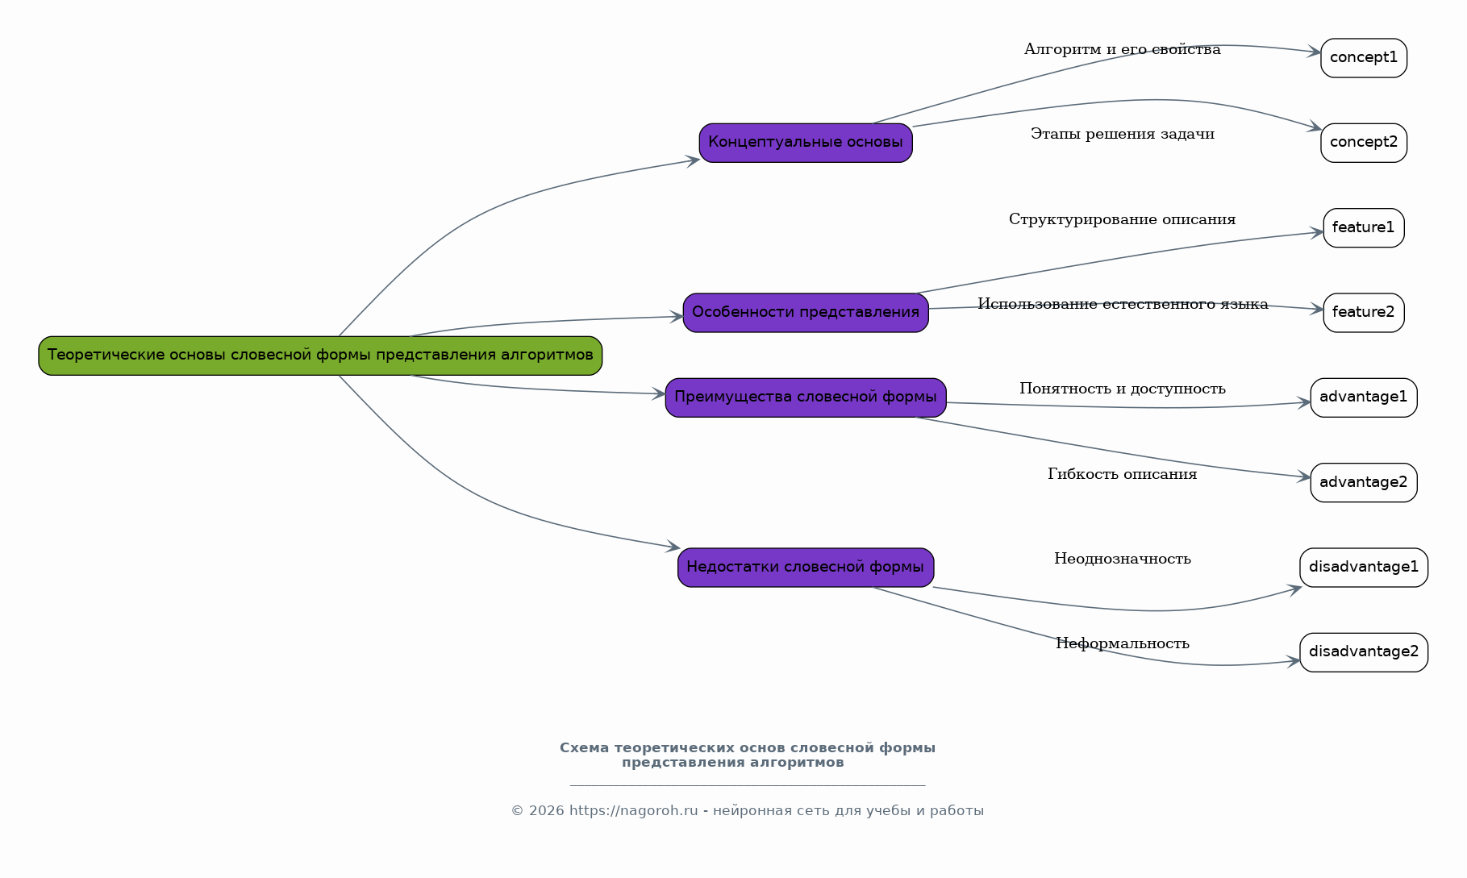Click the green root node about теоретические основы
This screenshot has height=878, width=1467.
(x=320, y=356)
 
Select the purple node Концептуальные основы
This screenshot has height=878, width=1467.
(x=806, y=143)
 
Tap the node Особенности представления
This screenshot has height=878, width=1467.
(x=806, y=313)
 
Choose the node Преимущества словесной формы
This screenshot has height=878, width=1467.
(x=806, y=397)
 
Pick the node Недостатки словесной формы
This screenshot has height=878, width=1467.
(x=806, y=568)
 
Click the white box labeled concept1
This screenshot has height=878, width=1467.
(x=1364, y=58)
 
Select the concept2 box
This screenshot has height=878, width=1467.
(x=1364, y=143)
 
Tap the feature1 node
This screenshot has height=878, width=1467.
(x=1364, y=228)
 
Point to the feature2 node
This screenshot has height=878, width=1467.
(x=1364, y=313)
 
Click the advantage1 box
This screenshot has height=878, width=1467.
(x=1364, y=397)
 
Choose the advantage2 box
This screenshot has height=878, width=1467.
(x=1364, y=483)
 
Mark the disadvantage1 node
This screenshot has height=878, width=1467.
(x=1364, y=568)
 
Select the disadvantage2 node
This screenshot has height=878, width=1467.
(x=1364, y=652)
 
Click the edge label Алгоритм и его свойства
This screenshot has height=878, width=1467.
(x=1123, y=50)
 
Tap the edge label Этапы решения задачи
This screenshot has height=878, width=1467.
(x=1123, y=135)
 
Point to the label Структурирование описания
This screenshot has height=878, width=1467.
(x=1123, y=219)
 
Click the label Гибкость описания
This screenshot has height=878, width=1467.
(x=1123, y=474)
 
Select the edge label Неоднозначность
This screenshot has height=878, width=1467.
(x=1123, y=559)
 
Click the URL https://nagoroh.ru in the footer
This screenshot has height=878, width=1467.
(x=634, y=811)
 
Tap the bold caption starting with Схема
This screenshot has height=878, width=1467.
(x=748, y=755)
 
